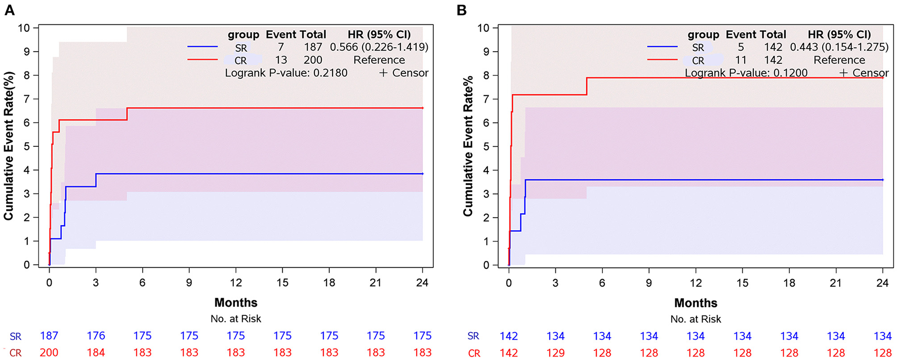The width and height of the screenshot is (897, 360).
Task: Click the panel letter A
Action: [9, 10]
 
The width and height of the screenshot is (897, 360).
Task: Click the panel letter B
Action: [461, 10]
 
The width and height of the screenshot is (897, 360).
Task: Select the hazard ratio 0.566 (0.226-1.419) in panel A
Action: [379, 47]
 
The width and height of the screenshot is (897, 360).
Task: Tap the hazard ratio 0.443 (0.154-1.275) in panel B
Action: [839, 47]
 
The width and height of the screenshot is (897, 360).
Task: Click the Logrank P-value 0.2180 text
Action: [286, 73]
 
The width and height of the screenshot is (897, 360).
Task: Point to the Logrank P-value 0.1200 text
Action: [746, 73]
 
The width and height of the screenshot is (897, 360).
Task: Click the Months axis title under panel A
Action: [236, 303]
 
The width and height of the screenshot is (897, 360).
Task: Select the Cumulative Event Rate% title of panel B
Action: [468, 146]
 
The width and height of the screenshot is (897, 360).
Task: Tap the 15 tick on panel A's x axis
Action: [282, 283]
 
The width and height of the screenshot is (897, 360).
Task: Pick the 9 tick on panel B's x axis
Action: [649, 283]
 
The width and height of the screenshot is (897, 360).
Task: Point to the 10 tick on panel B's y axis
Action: [483, 28]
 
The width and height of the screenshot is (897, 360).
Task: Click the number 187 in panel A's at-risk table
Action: [49, 336]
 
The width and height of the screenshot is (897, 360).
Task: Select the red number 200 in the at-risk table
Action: [49, 352]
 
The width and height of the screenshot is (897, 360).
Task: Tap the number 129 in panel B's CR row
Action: [555, 353]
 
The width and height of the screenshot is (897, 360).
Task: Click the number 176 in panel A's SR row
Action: [96, 336]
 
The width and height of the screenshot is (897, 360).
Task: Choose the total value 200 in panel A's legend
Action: [313, 60]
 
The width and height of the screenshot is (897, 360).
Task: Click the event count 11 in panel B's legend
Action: [741, 60]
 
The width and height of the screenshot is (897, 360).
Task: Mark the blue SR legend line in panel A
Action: [202, 47]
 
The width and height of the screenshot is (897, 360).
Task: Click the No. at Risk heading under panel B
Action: [696, 319]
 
